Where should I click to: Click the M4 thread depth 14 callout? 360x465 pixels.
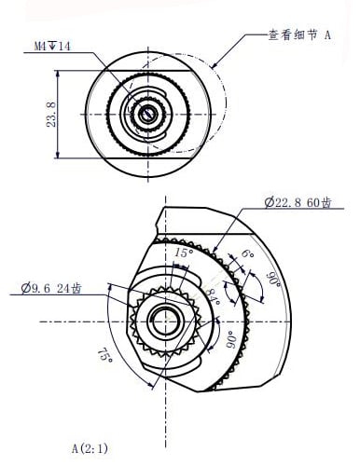(52, 47)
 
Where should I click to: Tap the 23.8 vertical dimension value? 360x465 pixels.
(51, 114)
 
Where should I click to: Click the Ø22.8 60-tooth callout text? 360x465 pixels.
(298, 203)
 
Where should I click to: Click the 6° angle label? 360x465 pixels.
(248, 253)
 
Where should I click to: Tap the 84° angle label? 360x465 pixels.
(215, 296)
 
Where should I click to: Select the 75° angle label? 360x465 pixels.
(105, 355)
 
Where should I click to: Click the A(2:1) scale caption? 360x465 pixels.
(90, 449)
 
